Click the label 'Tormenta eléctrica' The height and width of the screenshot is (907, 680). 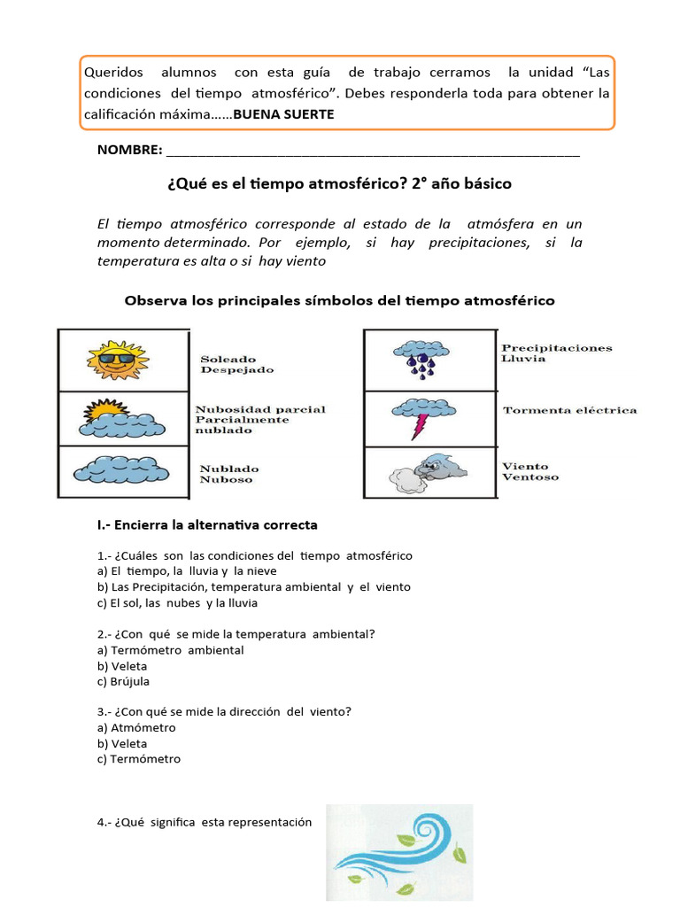[x=569, y=410]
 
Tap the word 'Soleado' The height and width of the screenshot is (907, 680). [x=228, y=359]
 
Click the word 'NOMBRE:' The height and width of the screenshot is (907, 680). [x=129, y=151]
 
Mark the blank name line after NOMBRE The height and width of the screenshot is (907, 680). [x=373, y=152]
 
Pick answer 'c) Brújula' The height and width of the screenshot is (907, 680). [x=124, y=682]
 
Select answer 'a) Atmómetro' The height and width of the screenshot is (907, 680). [x=136, y=728]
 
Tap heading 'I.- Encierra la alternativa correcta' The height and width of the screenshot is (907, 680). [x=207, y=525]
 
